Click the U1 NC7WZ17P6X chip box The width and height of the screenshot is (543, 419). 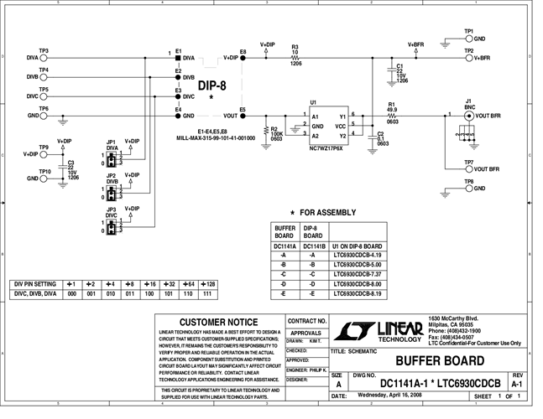pyautogui.click(x=326, y=125)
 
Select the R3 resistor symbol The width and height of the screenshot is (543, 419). pyautogui.click(x=295, y=58)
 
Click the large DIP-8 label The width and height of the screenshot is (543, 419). pyautogui.click(x=211, y=85)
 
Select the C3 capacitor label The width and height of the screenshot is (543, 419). pyautogui.click(x=71, y=163)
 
